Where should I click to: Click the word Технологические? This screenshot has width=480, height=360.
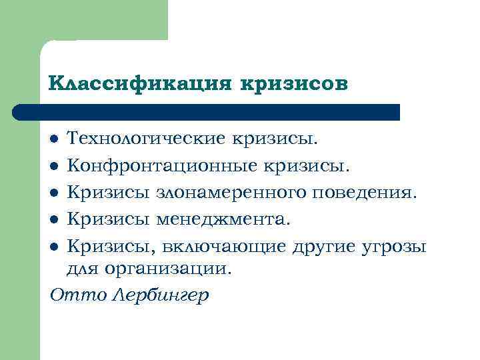145,139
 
